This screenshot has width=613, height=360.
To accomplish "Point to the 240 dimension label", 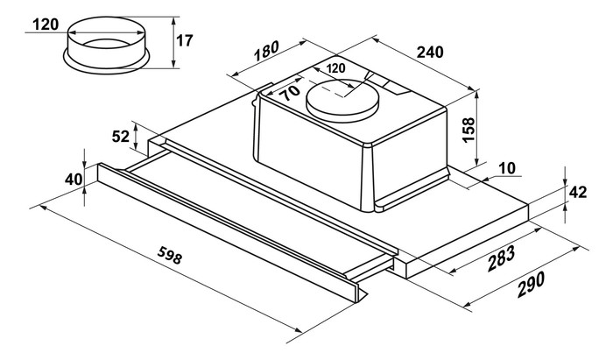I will [x=429, y=53].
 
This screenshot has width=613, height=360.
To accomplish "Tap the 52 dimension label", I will [x=122, y=136].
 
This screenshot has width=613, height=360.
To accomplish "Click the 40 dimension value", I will [x=73, y=180].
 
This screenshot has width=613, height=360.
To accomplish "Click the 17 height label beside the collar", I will [x=184, y=39].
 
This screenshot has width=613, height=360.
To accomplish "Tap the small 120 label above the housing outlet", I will [x=335, y=68].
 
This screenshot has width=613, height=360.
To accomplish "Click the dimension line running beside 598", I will [x=166, y=272].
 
